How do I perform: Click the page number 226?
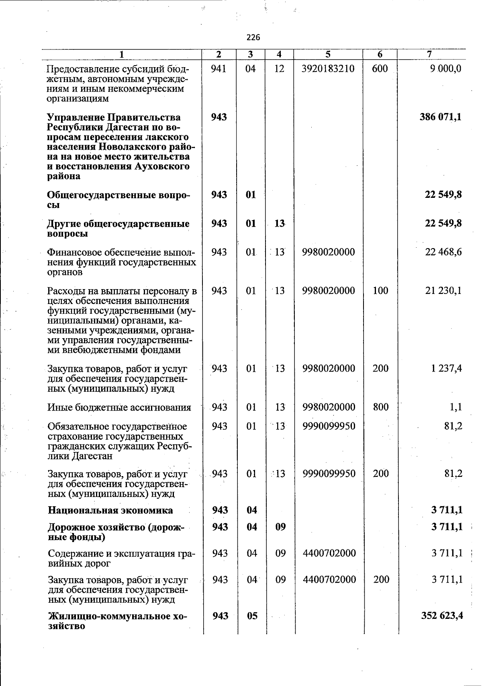pyautogui.click(x=253, y=38)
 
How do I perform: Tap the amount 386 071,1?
pyautogui.click(x=441, y=117)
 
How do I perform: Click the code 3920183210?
pyautogui.click(x=328, y=69)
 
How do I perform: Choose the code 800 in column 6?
pyautogui.click(x=380, y=407)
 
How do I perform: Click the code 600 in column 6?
pyautogui.click(x=380, y=69)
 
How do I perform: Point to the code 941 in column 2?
pyautogui.click(x=219, y=69)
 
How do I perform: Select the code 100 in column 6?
pyautogui.click(x=380, y=291)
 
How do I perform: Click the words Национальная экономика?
pyautogui.click(x=110, y=511)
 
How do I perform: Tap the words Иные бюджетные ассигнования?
pyautogui.click(x=119, y=408)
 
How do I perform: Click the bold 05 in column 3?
pyautogui.click(x=252, y=616)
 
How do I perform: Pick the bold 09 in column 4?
pyautogui.click(x=280, y=527)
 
